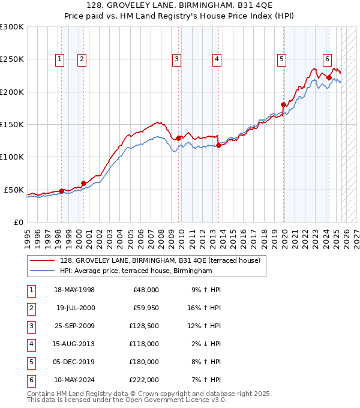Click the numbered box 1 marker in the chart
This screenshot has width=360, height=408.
[x=61, y=59]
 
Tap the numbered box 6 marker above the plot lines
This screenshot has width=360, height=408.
[x=327, y=59]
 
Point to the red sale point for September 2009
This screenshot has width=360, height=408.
[x=178, y=139]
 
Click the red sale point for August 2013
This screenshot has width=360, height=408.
[x=218, y=145]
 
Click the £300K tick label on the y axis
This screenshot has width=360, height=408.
[x=12, y=27]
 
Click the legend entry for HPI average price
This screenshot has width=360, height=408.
[x=136, y=271]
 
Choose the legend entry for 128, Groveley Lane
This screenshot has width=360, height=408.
[x=160, y=261]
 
